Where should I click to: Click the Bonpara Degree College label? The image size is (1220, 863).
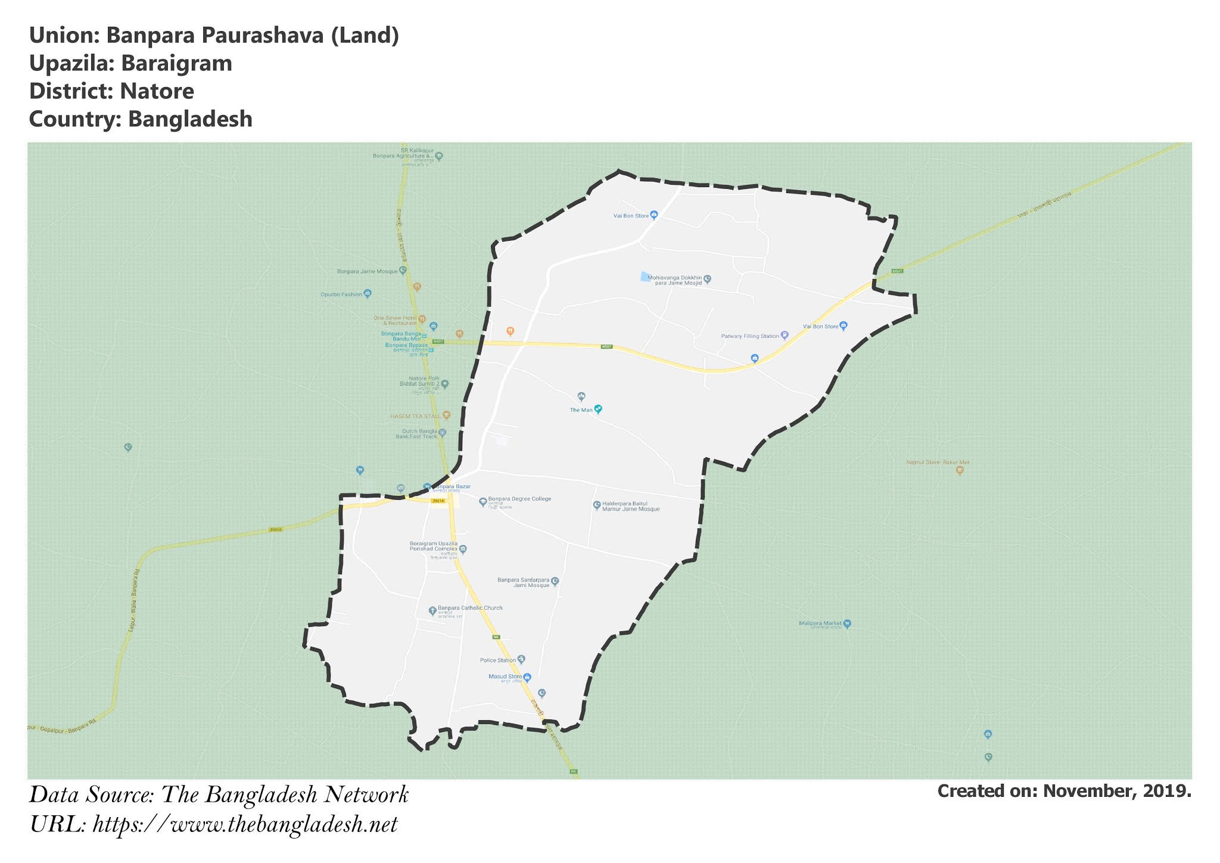point(519,499)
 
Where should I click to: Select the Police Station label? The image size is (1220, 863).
point(498,660)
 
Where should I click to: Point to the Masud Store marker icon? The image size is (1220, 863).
point(527,676)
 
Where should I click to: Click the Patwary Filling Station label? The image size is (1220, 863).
point(750,336)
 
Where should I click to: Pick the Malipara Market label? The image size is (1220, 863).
point(820,623)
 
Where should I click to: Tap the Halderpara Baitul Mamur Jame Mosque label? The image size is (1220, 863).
point(631,507)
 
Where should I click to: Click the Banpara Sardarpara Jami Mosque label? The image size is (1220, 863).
point(523,582)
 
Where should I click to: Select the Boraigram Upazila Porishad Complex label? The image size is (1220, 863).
point(433,547)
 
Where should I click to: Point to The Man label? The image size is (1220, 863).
point(581,410)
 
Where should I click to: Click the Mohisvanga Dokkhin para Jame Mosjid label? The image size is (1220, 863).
point(674,280)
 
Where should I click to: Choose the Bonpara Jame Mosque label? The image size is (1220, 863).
point(367,271)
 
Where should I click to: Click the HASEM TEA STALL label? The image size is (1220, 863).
point(415,416)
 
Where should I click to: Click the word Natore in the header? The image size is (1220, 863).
point(157,91)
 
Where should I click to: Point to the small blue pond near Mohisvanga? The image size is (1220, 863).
point(644,277)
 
